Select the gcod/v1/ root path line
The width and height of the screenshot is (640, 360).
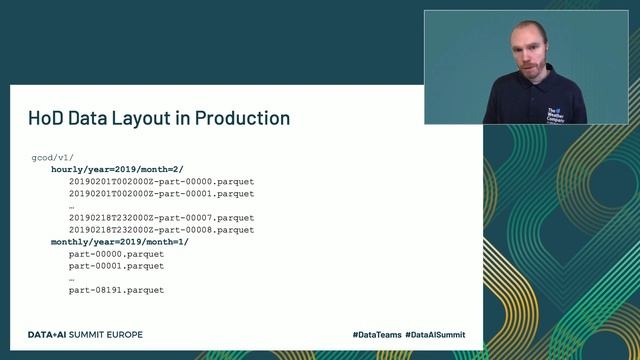coord(53,158)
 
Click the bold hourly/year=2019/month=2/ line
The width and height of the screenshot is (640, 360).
coord(117,170)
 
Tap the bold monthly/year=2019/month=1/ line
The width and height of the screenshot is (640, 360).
coord(120,242)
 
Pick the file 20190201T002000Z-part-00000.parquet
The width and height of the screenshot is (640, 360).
coord(161,182)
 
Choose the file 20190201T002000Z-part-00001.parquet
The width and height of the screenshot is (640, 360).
coord(161,194)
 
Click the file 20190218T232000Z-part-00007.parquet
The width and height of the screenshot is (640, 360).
coord(161,218)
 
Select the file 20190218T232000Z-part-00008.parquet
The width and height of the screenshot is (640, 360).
coord(161,230)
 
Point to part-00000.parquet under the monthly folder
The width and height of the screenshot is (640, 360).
coord(116,254)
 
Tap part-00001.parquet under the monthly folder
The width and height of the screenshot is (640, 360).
coord(116,266)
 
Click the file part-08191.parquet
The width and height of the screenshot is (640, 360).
coord(116,290)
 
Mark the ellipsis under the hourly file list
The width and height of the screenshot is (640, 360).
coord(72,206)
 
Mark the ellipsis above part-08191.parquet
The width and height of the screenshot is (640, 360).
coord(72,278)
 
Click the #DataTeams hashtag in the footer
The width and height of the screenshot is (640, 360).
coord(375,334)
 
